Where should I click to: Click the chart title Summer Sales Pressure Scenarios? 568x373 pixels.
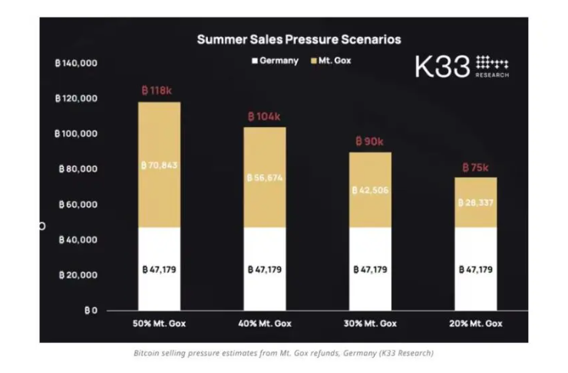pos(299,38)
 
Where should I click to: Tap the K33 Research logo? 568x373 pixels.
pos(461,66)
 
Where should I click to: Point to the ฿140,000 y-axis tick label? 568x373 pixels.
pos(76,63)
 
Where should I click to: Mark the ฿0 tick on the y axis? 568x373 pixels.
pos(90,311)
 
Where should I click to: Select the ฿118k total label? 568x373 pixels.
pos(160,91)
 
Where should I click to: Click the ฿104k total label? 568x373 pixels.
pos(265,116)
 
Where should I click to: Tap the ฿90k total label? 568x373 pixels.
pos(370,142)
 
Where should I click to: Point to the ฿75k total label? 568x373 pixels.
pos(475,167)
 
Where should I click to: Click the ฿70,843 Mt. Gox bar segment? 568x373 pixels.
pos(160,165)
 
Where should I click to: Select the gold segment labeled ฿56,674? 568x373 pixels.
pos(265,178)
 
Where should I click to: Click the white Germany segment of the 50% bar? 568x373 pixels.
pos(160,270)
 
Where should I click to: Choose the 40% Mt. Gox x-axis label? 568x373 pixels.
pos(265,324)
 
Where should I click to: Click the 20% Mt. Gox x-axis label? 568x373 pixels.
pos(476,324)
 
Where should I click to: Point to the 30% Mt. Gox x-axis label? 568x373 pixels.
pos(370,324)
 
